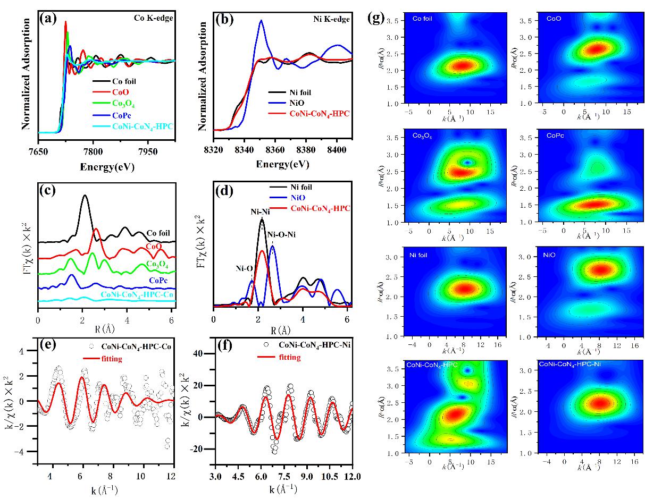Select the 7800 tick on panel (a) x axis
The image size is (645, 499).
coord(93,151)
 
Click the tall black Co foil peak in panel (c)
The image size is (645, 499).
coord(84,197)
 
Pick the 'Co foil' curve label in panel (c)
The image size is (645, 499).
coord(157,233)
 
